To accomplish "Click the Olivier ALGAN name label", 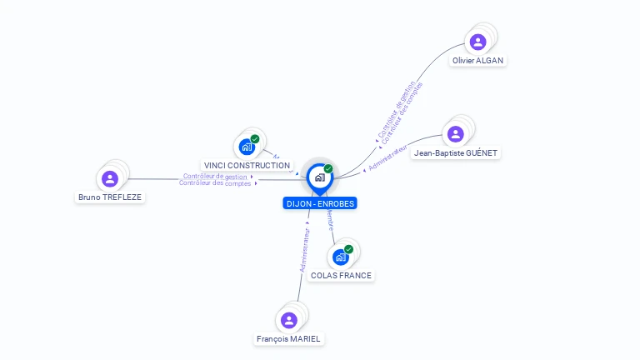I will tap(478, 61).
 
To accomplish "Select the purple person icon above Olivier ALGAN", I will tap(477, 42).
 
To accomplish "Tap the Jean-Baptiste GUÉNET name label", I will tap(456, 153).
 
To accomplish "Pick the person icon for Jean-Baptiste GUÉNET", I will tap(455, 134).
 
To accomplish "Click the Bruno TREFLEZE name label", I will tap(110, 197).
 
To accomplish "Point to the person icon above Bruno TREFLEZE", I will tap(110, 178).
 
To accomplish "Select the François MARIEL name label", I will tap(288, 339).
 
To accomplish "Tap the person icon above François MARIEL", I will tap(289, 320).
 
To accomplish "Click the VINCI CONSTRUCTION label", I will tap(247, 166).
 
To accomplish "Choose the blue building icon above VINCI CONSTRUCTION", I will tap(247, 147).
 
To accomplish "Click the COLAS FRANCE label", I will tap(341, 276).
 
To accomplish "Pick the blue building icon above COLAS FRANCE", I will tap(340, 257).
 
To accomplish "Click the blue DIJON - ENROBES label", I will tap(320, 203).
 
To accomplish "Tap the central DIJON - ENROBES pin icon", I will tap(319, 177).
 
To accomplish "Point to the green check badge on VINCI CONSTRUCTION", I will tap(255, 139).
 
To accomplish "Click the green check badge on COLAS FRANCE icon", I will tap(348, 249).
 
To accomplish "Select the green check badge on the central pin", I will tap(328, 169).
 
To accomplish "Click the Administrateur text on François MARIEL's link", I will tap(305, 251).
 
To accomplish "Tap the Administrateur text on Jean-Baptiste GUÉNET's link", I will tap(387, 158).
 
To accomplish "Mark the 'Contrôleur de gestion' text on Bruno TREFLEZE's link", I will tap(215, 176).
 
